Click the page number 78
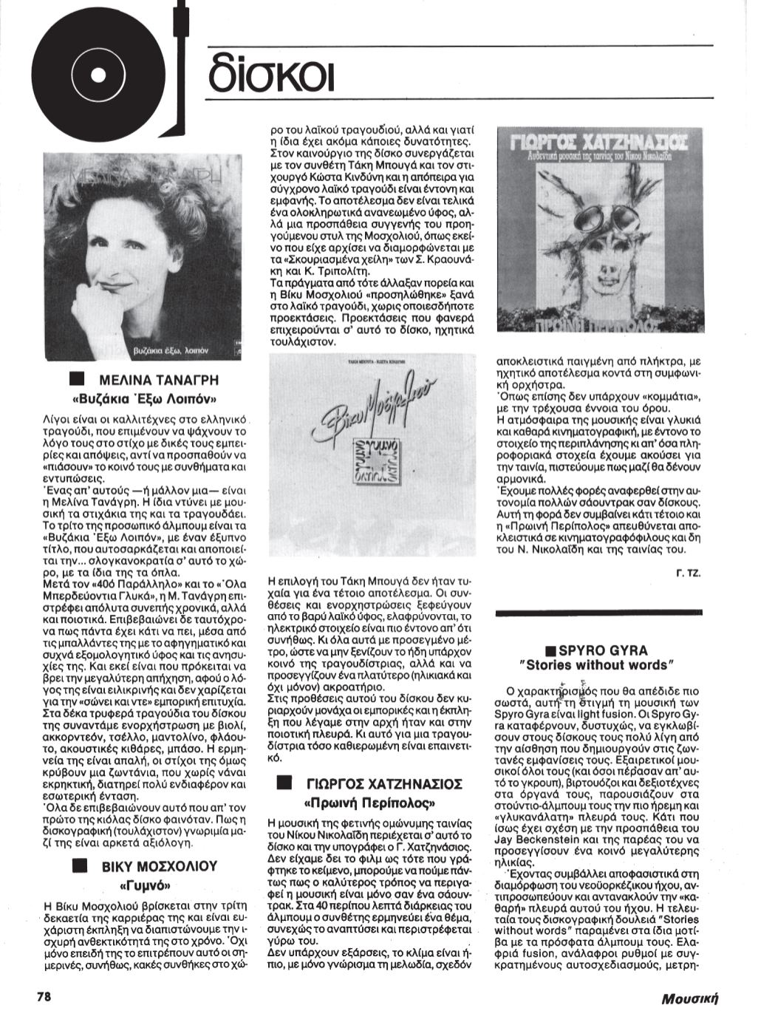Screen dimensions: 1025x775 (x=44, y=995)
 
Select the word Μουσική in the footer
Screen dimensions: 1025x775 (x=690, y=998)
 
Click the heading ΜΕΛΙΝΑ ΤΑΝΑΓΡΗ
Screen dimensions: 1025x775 (x=160, y=381)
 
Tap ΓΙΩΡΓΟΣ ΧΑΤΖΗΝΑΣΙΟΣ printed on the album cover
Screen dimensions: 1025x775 (x=598, y=140)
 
